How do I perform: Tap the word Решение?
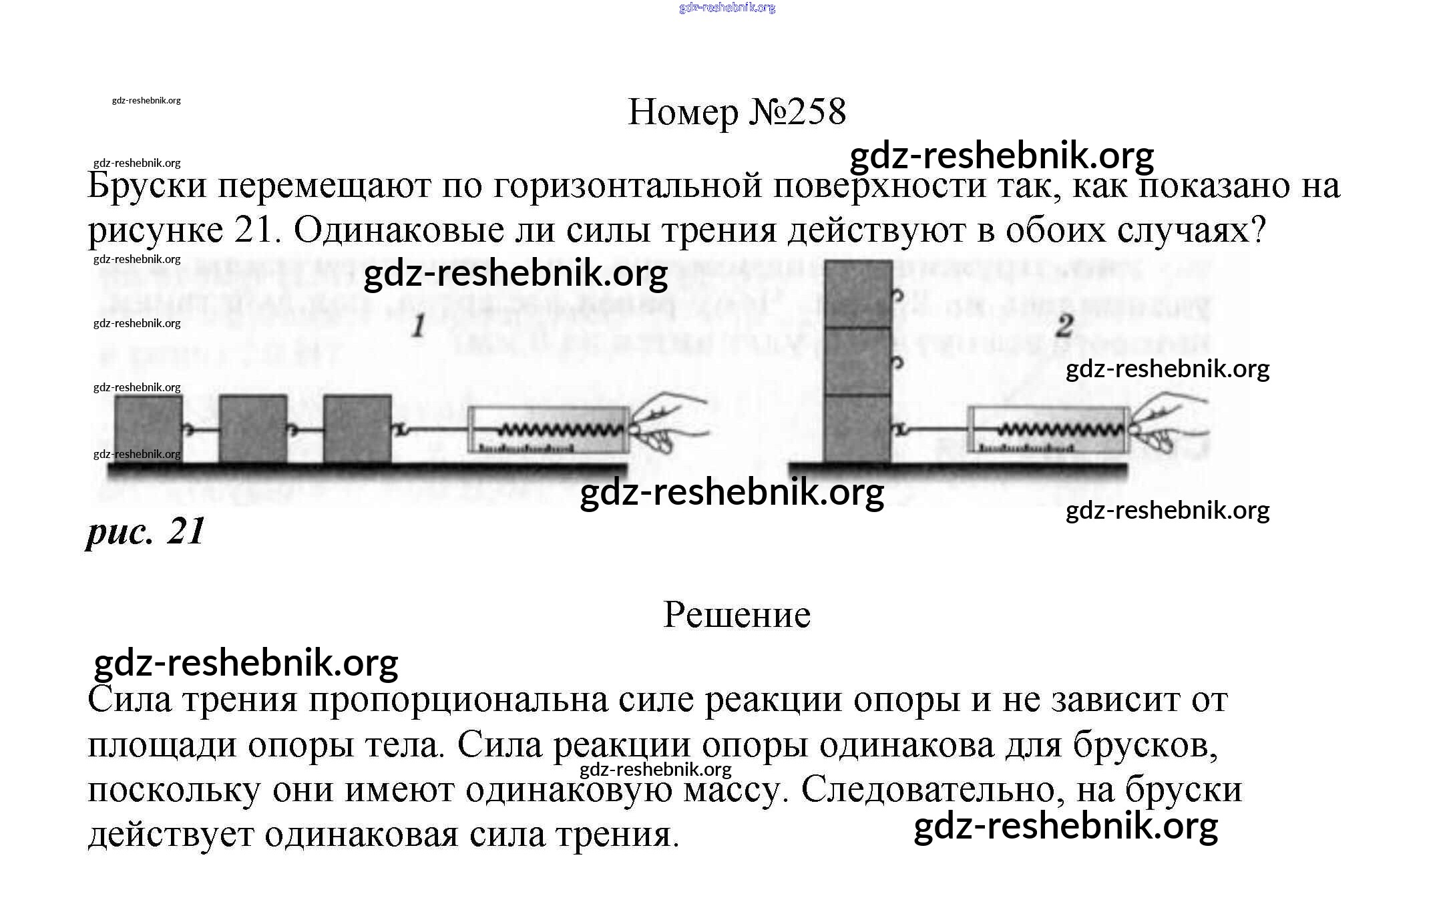point(737,614)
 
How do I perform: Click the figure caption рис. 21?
point(146,532)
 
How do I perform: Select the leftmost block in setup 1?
point(148,429)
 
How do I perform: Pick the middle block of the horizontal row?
point(253,429)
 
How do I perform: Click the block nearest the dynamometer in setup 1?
point(357,429)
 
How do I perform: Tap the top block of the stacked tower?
point(858,294)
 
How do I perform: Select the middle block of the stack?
point(858,361)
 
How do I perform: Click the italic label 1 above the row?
point(419,326)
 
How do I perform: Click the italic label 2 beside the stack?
point(1065,326)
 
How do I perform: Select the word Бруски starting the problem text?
point(147,186)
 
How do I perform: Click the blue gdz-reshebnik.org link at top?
point(726,8)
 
